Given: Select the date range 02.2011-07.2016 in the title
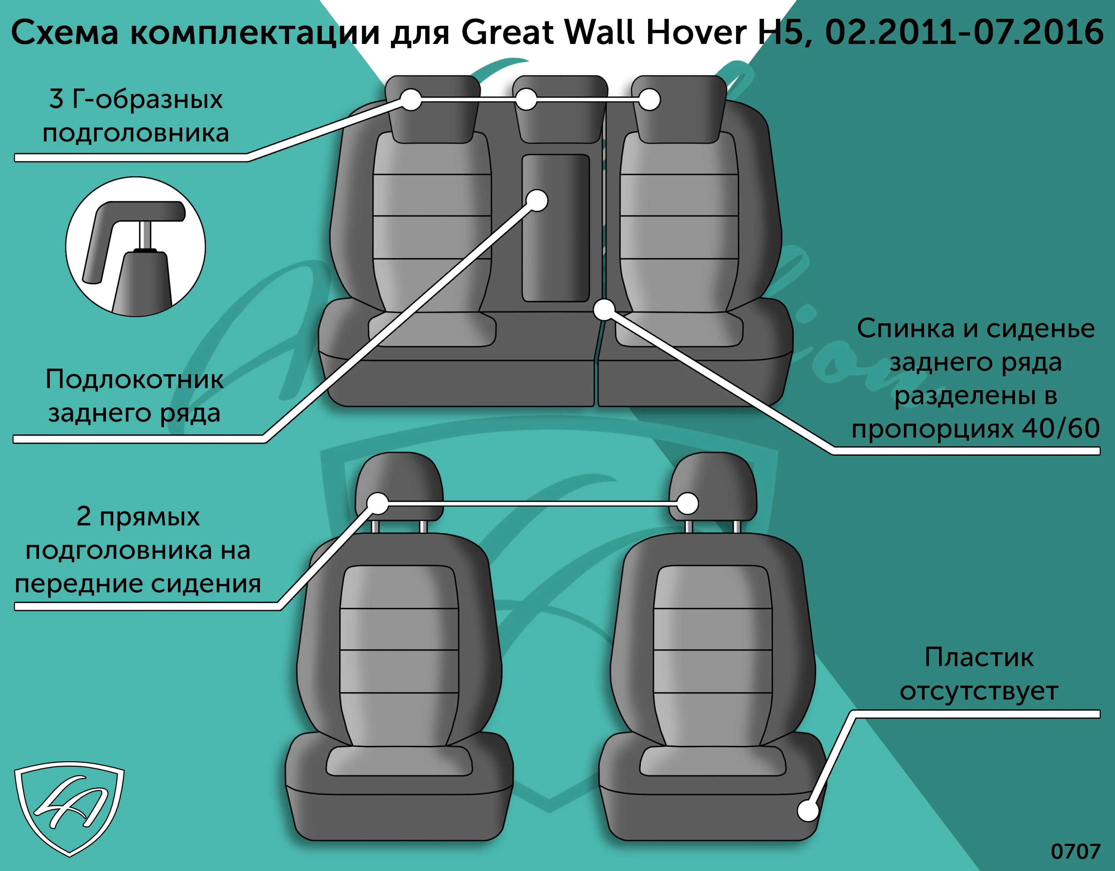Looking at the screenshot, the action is [x=964, y=32].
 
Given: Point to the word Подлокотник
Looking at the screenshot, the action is [x=134, y=379].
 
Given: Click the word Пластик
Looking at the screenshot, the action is [x=979, y=657].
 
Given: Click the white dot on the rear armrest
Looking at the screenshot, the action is [x=537, y=201].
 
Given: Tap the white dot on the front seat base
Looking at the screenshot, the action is [x=808, y=810].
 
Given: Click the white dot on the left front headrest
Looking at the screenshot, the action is [x=378, y=503].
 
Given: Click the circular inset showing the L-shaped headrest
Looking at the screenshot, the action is [x=135, y=247].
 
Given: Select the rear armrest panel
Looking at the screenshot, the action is [x=555, y=228].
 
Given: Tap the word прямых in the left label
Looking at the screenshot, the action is [x=149, y=517].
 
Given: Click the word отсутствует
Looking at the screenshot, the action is [x=979, y=691].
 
